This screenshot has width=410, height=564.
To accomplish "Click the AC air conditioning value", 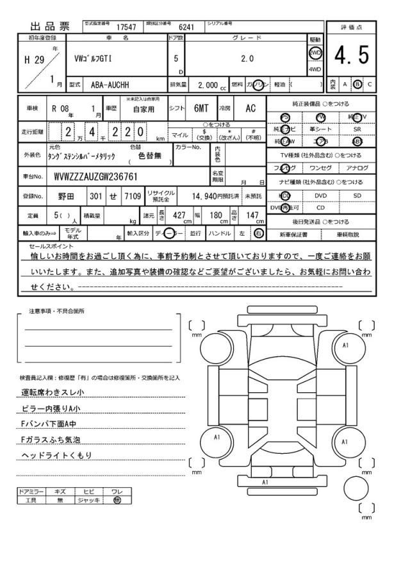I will click(x=251, y=109).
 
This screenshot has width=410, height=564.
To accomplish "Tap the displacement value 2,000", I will click(x=208, y=85).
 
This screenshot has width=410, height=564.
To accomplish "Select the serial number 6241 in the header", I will click(x=186, y=27).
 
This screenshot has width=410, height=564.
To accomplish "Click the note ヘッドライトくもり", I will click(x=58, y=455).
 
